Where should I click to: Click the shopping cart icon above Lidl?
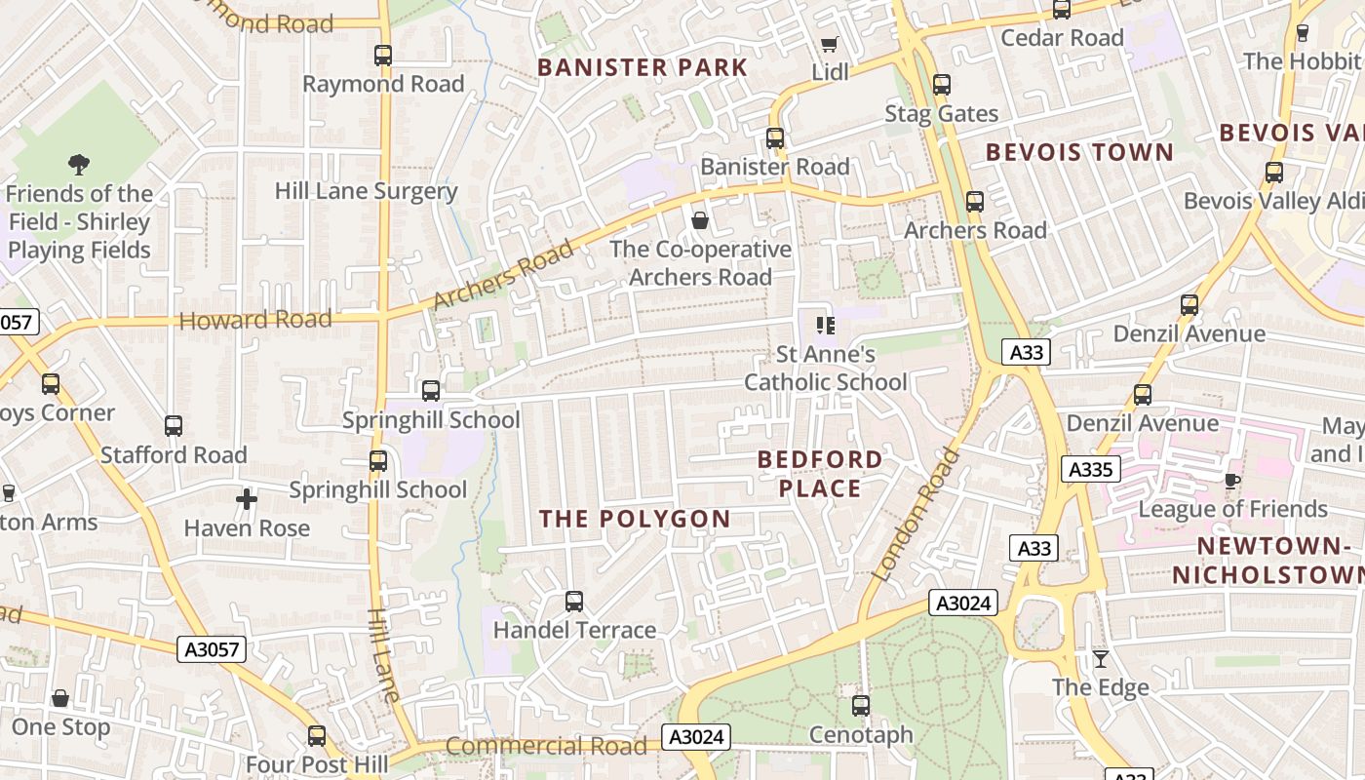click(829, 44)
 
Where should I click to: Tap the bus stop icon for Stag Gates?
click(941, 85)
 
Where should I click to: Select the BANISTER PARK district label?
click(643, 67)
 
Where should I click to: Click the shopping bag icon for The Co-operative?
click(699, 220)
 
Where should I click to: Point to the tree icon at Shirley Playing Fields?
click(79, 165)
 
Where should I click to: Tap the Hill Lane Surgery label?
click(366, 191)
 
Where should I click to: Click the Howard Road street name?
click(255, 320)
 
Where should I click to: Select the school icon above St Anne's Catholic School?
click(826, 326)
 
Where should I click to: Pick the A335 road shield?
click(1090, 469)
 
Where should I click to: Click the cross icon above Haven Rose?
click(247, 500)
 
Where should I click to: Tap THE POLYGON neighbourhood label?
click(636, 519)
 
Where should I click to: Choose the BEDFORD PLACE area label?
click(820, 473)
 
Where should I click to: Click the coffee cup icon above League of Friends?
click(1232, 480)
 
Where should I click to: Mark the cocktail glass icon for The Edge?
click(1101, 659)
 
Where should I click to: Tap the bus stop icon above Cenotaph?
click(861, 706)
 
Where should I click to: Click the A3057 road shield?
click(211, 649)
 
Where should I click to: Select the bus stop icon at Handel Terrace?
click(574, 602)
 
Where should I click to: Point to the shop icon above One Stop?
click(60, 698)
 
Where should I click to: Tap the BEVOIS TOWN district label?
click(1079, 152)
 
